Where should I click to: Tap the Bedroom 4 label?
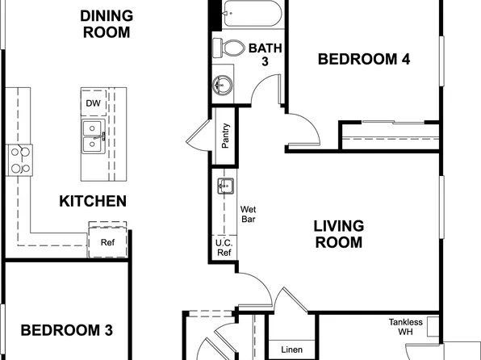tap(360, 58)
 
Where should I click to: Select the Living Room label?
tap(338, 234)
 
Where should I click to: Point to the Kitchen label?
tap(93, 201)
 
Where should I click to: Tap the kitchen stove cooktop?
tap(19, 159)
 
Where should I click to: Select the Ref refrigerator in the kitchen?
tap(107, 241)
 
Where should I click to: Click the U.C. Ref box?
tap(224, 247)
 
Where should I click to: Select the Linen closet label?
tap(291, 350)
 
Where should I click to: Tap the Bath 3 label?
tap(264, 54)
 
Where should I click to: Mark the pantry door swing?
tap(198, 138)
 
